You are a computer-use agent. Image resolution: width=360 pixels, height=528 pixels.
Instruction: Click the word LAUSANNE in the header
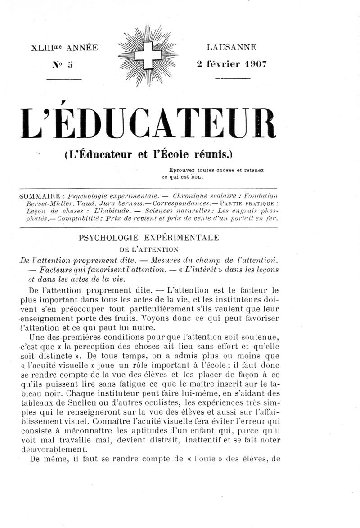[232, 47]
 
